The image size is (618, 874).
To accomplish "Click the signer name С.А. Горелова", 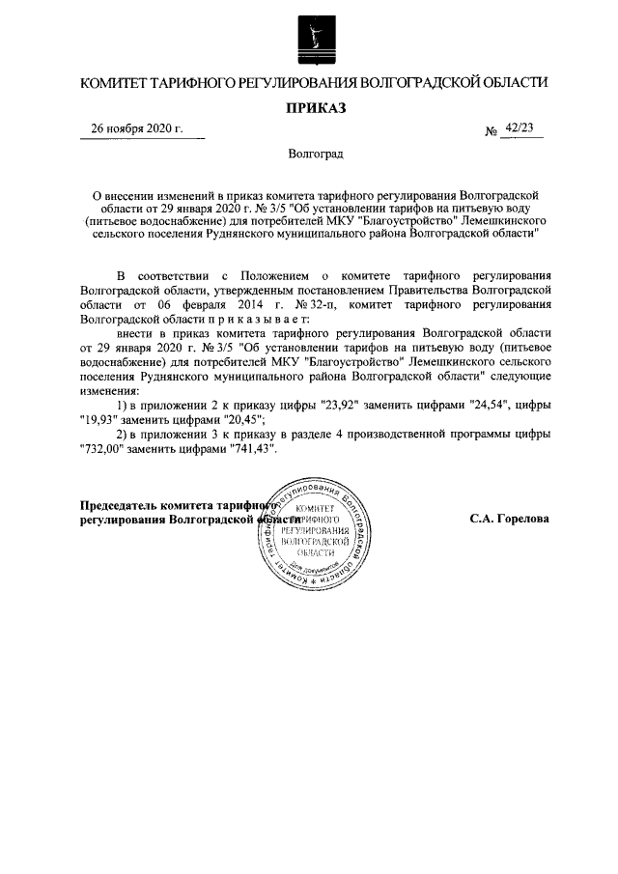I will (510, 519).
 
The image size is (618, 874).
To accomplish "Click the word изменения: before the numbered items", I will (111, 390).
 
